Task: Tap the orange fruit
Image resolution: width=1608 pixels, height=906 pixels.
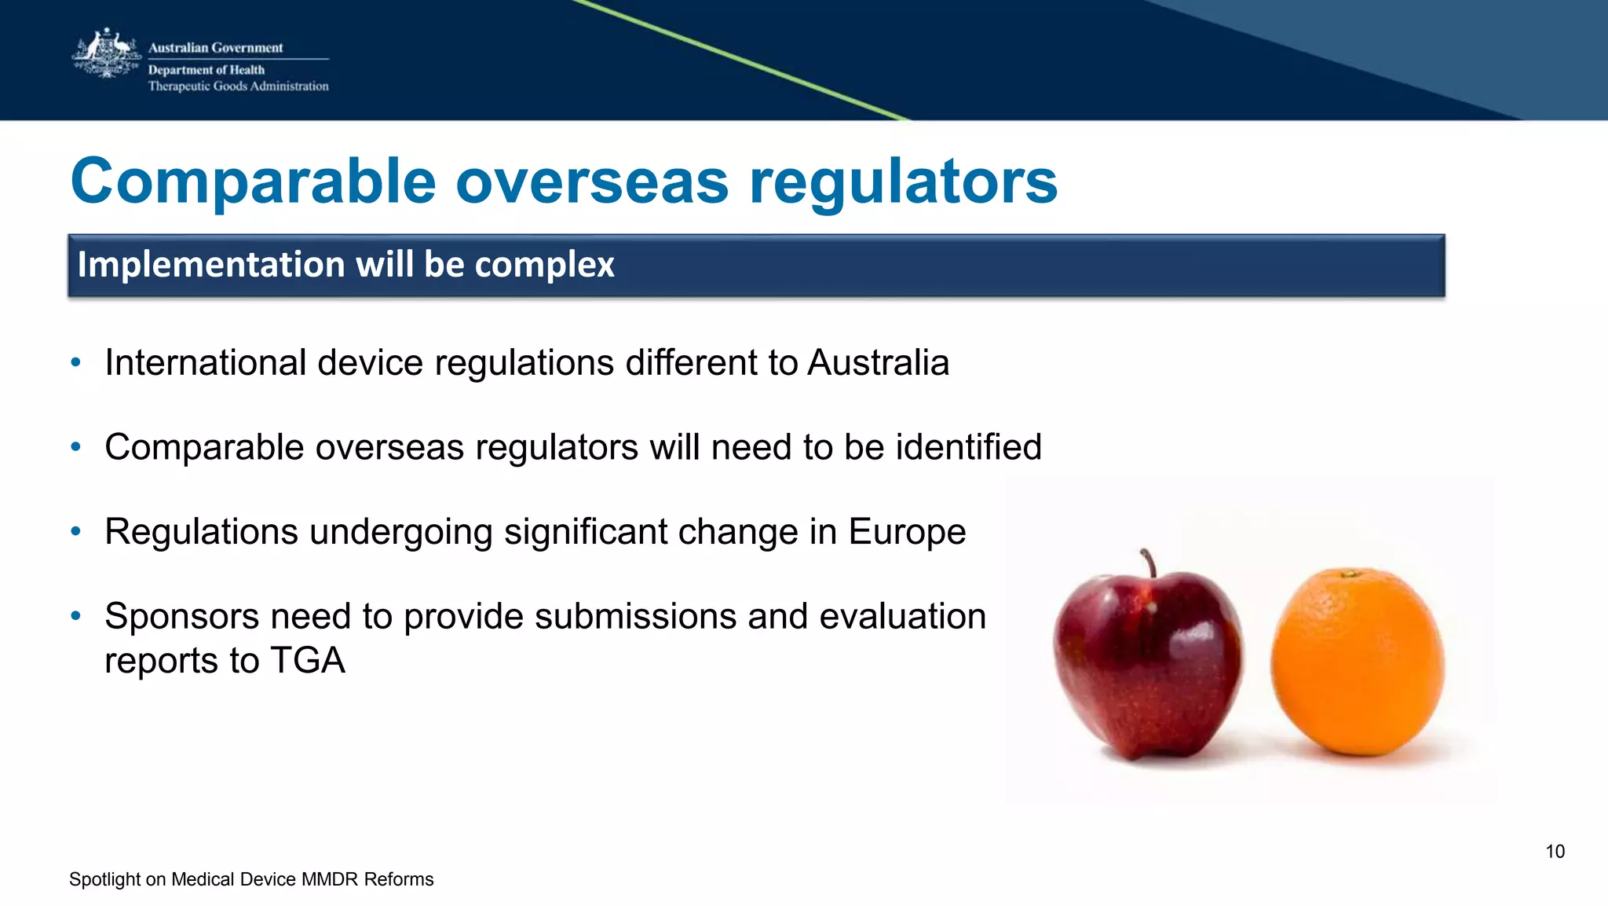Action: click(x=1358, y=662)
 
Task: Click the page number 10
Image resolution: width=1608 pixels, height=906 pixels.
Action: click(x=1555, y=852)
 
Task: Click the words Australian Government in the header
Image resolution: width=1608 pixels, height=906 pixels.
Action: click(x=215, y=48)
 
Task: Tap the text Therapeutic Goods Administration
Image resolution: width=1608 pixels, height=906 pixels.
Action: click(x=238, y=86)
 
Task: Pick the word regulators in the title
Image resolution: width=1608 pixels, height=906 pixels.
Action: click(x=903, y=182)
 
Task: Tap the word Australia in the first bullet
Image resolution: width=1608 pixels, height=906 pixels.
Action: click(x=878, y=363)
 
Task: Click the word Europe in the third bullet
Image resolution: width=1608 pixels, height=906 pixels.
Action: click(x=906, y=532)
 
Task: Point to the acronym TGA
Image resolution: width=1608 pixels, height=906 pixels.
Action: click(x=307, y=661)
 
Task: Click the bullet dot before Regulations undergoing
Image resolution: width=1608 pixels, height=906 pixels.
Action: click(x=75, y=532)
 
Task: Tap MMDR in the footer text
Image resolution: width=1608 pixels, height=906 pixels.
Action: click(x=329, y=879)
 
